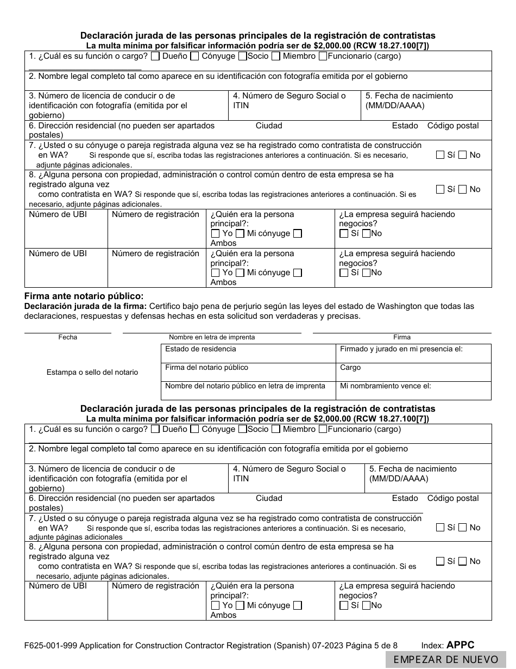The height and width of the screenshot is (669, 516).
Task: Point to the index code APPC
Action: [460, 645]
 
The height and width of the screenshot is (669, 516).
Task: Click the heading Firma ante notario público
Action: [84, 296]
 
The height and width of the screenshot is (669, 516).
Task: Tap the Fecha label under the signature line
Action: [68, 337]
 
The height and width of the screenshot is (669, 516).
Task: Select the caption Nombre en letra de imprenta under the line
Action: [212, 337]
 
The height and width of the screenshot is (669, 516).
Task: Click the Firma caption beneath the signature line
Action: [402, 337]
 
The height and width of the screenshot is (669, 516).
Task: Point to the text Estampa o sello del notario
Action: [92, 373]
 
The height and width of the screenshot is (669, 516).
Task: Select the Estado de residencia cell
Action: [248, 354]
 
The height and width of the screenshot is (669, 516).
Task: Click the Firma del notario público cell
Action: [248, 372]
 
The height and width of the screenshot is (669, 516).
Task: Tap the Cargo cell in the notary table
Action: [413, 372]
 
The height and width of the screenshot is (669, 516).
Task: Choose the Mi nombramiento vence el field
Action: [413, 391]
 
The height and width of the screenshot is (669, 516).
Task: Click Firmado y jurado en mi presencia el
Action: [413, 354]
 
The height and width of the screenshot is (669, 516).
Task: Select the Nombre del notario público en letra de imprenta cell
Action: [248, 391]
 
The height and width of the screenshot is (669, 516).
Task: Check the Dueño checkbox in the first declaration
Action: [155, 56]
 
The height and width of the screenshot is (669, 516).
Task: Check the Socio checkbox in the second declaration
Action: [242, 429]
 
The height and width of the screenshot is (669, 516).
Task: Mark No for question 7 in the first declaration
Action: [462, 155]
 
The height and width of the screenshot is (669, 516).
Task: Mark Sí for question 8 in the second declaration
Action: [440, 561]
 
